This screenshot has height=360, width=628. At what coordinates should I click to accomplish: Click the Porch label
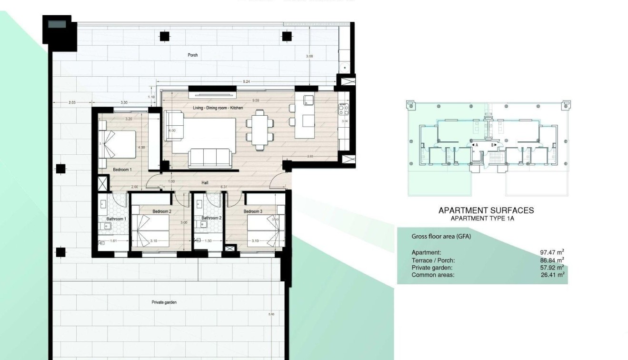coord(192,55)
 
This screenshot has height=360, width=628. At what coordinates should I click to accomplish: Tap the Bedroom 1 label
coord(122,170)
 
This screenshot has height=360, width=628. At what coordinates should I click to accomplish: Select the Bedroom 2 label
coord(162,211)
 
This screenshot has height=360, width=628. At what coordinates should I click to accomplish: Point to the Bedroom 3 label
coord(253,211)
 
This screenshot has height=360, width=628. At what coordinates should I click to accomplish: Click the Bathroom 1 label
coord(116,219)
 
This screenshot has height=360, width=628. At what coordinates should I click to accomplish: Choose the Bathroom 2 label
coord(211,218)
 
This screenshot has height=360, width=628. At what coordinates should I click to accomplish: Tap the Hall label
coord(205,182)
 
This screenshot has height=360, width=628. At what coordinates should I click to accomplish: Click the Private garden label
coord(164,302)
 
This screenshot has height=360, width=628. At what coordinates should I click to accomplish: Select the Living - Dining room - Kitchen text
coord(218,108)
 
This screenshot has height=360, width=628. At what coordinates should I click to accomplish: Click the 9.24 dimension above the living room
coord(247,82)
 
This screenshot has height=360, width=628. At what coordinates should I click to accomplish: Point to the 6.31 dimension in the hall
coord(224,187)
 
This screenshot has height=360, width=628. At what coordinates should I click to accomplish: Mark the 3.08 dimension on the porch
coord(309,57)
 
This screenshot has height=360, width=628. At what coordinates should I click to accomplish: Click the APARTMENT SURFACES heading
coord(486,210)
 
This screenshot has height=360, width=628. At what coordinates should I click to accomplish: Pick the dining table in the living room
coord(260,129)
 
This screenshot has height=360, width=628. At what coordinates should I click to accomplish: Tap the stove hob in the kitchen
coord(343,110)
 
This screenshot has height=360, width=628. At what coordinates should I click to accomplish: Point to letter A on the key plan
coord(476,145)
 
